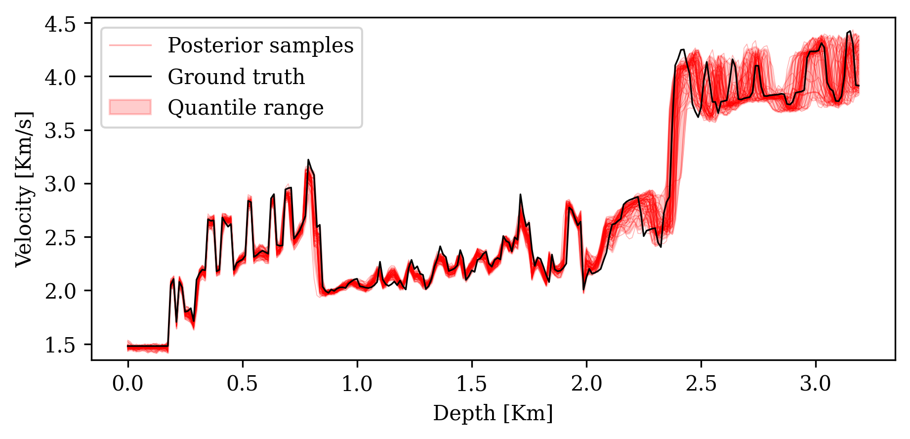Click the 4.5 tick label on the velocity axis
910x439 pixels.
(x=60, y=24)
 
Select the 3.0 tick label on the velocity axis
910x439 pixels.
(x=60, y=184)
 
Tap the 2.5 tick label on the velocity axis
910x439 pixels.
(x=60, y=238)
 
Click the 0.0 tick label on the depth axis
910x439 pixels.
(x=127, y=384)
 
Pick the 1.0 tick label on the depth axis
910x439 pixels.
(x=357, y=384)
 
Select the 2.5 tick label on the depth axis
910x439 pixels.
(x=701, y=384)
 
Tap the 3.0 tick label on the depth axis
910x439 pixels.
(x=815, y=384)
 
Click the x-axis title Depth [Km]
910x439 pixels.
(x=493, y=413)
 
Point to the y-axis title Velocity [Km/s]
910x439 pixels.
(x=24, y=188)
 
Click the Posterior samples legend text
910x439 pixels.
(x=260, y=45)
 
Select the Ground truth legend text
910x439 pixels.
(x=236, y=77)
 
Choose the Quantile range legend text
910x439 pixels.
(x=246, y=108)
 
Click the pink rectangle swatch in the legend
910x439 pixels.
(x=130, y=107)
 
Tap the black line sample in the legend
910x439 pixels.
(x=130, y=76)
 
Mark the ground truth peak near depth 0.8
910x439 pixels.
(x=308, y=160)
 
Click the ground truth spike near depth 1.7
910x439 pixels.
(x=520, y=195)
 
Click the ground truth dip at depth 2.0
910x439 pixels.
(x=583, y=289)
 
